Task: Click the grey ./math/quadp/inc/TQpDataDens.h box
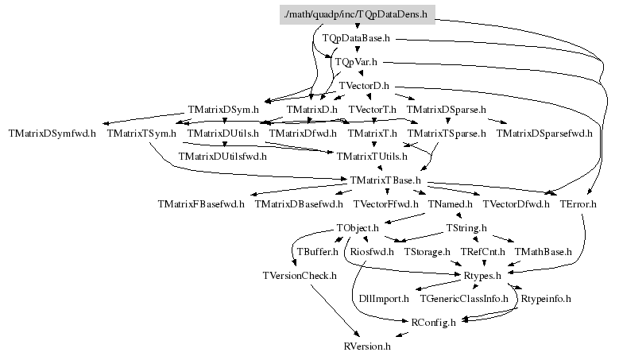(357, 14)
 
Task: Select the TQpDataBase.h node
(356, 37)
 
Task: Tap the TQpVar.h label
(356, 61)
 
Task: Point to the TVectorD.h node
(363, 85)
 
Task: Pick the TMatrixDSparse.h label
(446, 109)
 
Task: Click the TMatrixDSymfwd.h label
(52, 133)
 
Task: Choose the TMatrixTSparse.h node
(447, 133)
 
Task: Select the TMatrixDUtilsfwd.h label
(222, 157)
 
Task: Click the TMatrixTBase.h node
(385, 180)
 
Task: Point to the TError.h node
(578, 204)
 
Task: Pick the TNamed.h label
(450, 204)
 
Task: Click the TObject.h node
(358, 228)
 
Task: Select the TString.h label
(466, 228)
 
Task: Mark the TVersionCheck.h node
(300, 276)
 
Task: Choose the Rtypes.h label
(482, 276)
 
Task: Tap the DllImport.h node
(384, 300)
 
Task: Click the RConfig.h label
(433, 323)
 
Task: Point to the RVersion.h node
(367, 347)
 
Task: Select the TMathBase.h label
(544, 252)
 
